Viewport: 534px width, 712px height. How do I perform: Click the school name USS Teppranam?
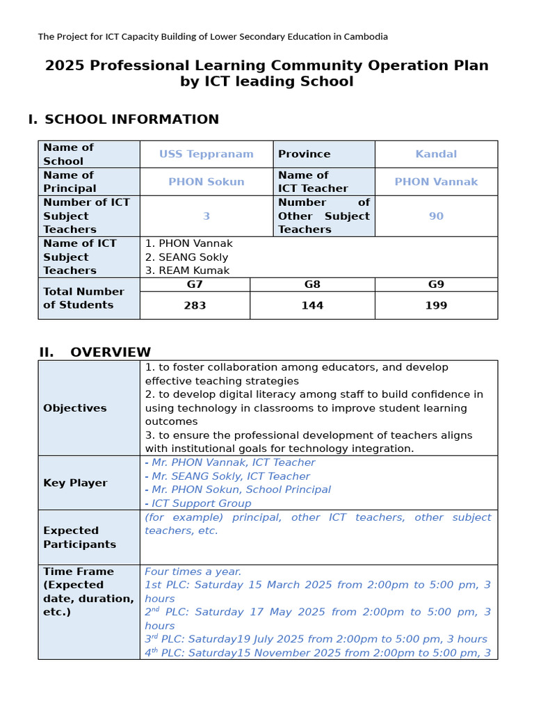coord(206,154)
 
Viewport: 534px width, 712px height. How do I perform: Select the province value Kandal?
coord(436,154)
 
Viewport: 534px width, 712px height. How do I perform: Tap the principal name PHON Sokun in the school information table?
coord(206,181)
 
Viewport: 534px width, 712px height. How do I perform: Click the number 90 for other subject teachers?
coord(436,216)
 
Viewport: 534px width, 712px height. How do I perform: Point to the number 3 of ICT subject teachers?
coord(206,216)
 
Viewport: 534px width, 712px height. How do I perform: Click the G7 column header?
coord(195,284)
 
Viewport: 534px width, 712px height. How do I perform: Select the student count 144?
coord(312,305)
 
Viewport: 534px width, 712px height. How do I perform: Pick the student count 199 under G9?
coord(436,305)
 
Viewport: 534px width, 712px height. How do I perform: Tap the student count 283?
coord(195,305)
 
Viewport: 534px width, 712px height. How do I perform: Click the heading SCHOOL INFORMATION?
coord(131,120)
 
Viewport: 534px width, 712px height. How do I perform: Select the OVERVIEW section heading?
coord(110,352)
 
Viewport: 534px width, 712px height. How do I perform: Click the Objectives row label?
coord(75,408)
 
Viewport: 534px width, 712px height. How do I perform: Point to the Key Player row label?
coord(75,483)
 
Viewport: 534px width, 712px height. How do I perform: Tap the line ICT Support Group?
coord(201,503)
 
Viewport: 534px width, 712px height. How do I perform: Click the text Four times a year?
coord(193,572)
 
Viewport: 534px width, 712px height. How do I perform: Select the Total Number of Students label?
coord(83,298)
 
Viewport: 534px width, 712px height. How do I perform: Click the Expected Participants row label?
coord(79,537)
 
